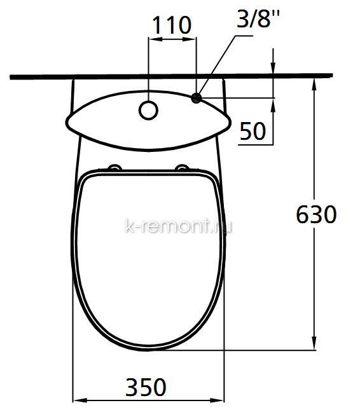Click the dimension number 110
[x=172, y=25]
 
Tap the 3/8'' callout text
[x=258, y=18]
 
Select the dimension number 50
[x=253, y=131]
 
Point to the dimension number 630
[x=316, y=214]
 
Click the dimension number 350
[x=146, y=387]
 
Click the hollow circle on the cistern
[x=148, y=111]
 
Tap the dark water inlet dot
[x=197, y=98]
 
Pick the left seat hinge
[x=114, y=167]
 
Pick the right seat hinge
[x=183, y=167]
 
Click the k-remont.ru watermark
[x=178, y=227]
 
